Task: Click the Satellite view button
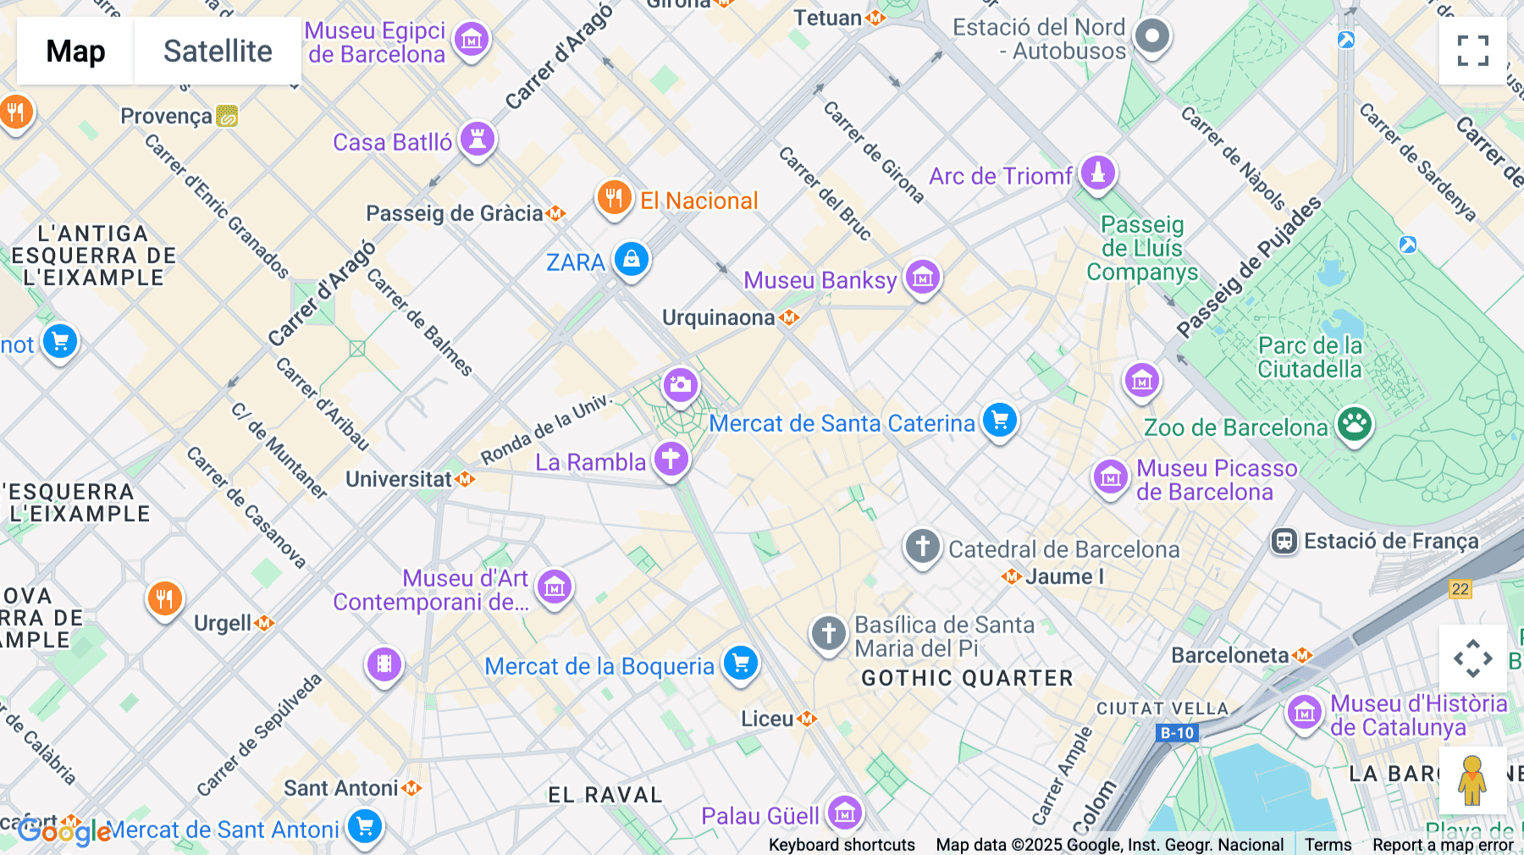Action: [x=218, y=51]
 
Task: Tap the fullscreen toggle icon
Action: [x=1472, y=51]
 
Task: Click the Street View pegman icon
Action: [x=1472, y=780]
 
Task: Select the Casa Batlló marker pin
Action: [x=478, y=139]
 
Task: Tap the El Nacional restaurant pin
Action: [x=614, y=198]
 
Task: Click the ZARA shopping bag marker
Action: [x=632, y=259]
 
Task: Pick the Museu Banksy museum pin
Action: [x=922, y=277]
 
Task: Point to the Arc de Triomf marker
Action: [x=1098, y=174]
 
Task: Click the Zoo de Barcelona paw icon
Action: [x=1355, y=423]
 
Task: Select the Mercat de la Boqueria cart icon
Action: [x=741, y=663]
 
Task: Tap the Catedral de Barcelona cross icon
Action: [x=922, y=546]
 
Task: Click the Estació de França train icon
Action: [x=1284, y=541]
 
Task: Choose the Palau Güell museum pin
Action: [x=844, y=814]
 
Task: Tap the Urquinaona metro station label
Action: [x=719, y=317]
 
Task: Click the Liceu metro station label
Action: [x=768, y=719]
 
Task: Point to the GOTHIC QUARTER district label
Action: [x=967, y=678]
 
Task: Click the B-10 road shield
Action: [x=1177, y=733]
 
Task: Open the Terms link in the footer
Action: [x=1328, y=844]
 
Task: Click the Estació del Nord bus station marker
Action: [x=1151, y=36]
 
